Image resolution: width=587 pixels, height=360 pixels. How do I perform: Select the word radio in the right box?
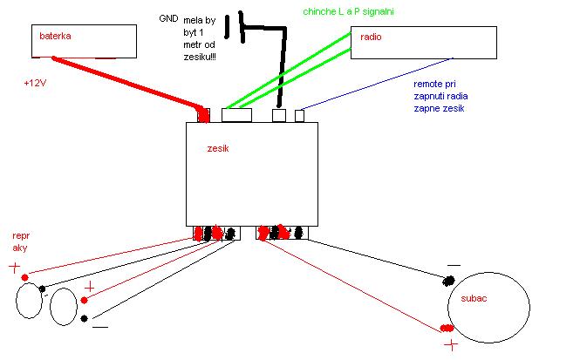(x=372, y=38)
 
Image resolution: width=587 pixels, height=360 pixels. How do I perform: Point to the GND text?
(x=168, y=17)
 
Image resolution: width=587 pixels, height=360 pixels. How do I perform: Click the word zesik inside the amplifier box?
(x=218, y=149)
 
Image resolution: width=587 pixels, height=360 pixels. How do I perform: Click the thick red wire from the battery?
(x=131, y=83)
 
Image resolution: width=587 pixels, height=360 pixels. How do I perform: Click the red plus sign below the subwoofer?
(x=451, y=345)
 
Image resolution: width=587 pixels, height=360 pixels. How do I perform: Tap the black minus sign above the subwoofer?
(x=454, y=265)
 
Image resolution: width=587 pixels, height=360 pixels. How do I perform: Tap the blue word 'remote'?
(x=428, y=84)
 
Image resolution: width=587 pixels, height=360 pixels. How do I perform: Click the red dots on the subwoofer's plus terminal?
(x=447, y=328)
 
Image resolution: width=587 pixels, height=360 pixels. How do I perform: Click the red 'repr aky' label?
(x=21, y=241)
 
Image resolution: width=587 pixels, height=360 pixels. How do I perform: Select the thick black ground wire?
(x=282, y=70)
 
